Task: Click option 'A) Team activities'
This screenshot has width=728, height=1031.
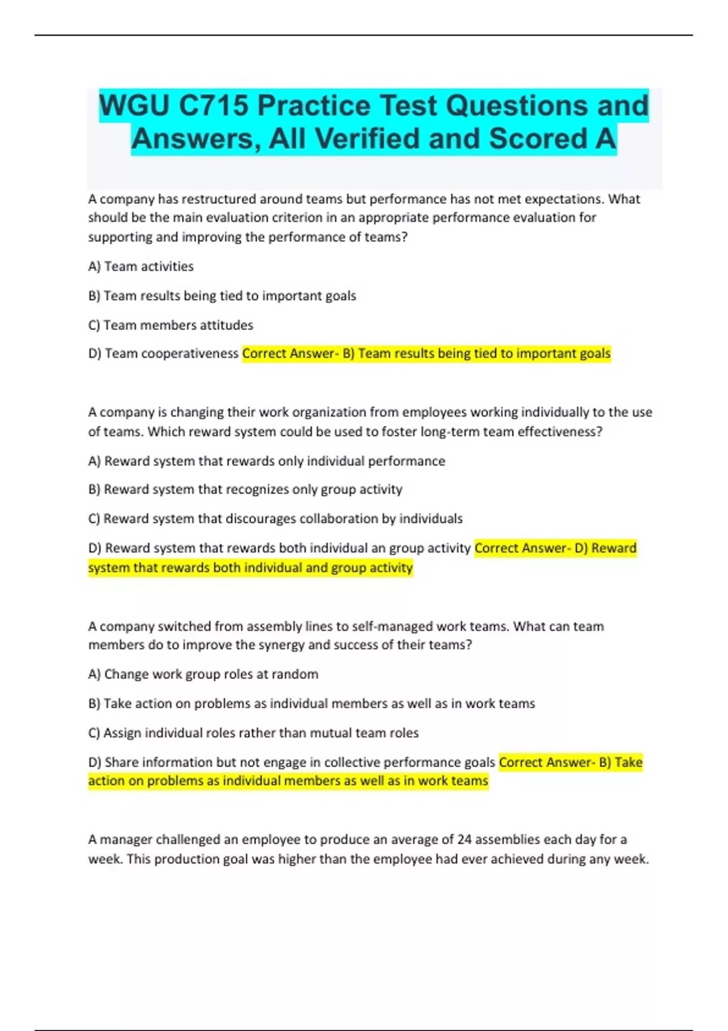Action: coord(141,266)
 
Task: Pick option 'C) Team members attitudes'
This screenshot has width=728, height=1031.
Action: coord(170,325)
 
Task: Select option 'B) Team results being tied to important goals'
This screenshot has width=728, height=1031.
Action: coord(222,296)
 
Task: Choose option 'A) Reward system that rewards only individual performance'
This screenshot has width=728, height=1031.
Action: coord(266,461)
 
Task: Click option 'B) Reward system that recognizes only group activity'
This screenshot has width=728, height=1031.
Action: coord(245,489)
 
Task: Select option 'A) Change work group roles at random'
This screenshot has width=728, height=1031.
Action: coord(203,674)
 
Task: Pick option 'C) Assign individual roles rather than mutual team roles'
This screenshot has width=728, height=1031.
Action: coord(253,733)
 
